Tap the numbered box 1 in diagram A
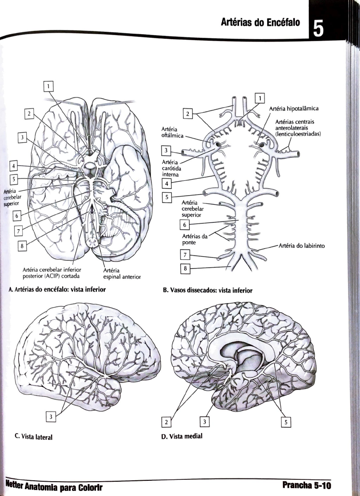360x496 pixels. point(48,86)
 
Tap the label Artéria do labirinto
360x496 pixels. point(301,245)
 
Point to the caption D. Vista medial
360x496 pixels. point(181,436)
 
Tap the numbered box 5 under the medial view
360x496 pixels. point(286,422)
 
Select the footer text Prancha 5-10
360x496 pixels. point(307,486)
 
